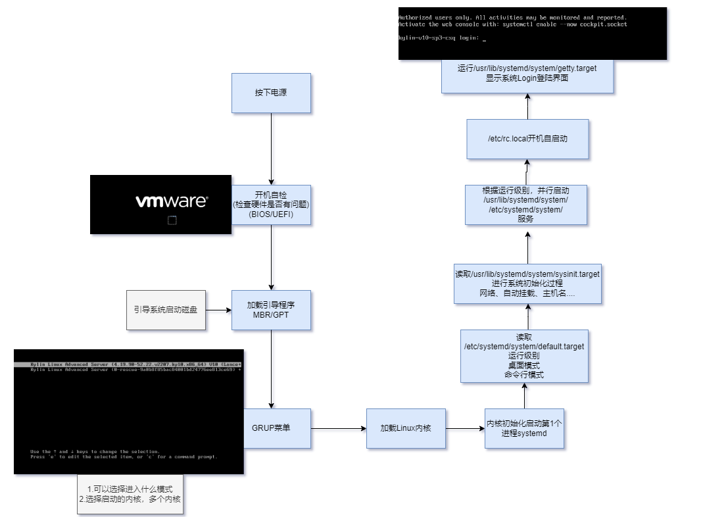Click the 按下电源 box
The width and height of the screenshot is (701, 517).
click(271, 93)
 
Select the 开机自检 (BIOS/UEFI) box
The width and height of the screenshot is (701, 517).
click(271, 205)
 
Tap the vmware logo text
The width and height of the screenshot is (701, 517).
click(171, 201)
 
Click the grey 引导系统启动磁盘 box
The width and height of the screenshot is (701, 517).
click(166, 310)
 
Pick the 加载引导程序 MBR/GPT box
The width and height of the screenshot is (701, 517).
click(271, 310)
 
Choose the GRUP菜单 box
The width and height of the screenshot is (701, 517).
click(271, 428)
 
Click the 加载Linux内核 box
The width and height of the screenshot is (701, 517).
click(406, 428)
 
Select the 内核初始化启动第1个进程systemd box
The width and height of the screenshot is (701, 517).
click(524, 428)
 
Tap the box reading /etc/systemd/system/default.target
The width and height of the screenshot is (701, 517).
click(524, 356)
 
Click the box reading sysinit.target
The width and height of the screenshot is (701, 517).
click(527, 283)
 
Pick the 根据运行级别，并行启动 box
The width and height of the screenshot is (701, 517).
click(525, 205)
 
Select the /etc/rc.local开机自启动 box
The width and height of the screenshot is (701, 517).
click(527, 139)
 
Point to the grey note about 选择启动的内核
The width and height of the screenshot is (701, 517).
click(130, 494)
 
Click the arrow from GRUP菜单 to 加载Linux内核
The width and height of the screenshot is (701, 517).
click(338, 429)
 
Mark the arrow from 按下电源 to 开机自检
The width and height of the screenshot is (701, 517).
click(271, 149)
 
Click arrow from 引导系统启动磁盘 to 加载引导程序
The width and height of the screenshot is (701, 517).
click(218, 310)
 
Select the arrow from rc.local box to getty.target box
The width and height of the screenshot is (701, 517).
click(527, 107)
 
